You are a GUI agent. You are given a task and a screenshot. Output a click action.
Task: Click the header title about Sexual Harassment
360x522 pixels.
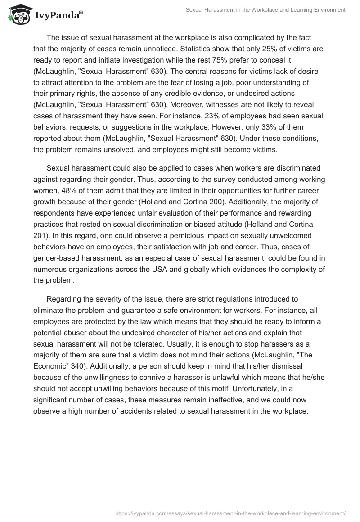pos(265,10)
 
